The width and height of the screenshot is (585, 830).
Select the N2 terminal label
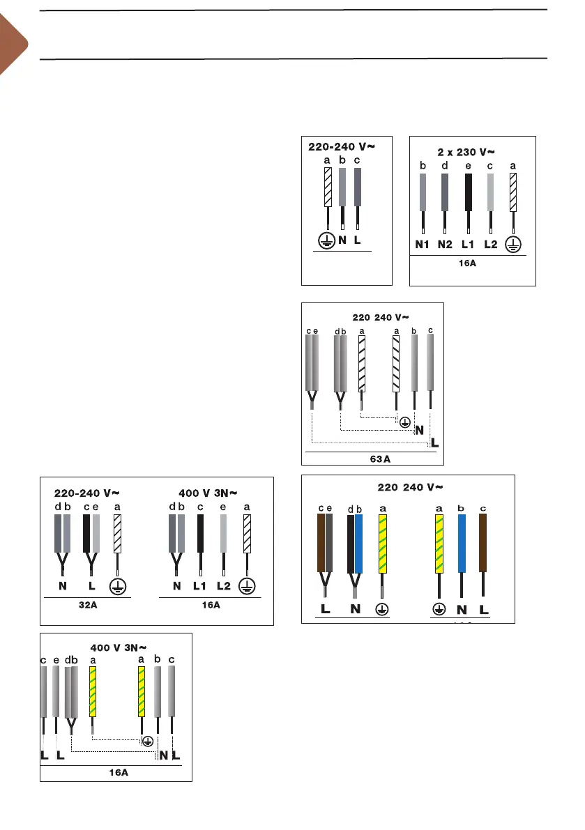pos(446,245)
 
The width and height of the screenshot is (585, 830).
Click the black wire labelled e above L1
pos(469,192)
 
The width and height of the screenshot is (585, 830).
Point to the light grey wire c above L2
pos(491,192)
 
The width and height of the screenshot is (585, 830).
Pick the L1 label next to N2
pos(469,245)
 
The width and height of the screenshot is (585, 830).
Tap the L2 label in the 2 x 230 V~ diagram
pos(492,245)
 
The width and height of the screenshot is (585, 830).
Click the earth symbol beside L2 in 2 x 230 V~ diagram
pos(514,245)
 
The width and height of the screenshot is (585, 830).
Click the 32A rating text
pos(88,605)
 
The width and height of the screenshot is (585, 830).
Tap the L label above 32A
pos(91,586)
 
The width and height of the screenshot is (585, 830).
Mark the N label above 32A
pos(62,586)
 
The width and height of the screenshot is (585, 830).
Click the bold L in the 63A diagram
pos(435,443)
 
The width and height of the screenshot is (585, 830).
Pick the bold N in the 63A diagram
pos(420,430)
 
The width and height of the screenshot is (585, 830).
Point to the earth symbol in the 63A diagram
pos(404,421)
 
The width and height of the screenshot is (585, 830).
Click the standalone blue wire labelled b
pos(461,543)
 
